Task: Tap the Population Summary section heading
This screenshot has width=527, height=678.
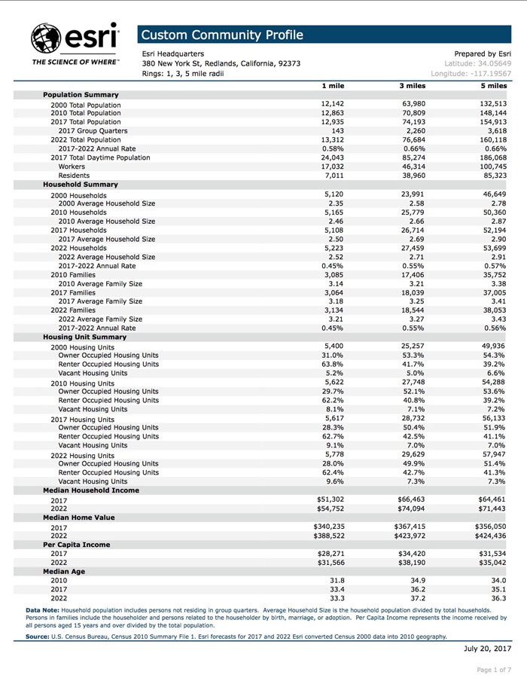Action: point(81,95)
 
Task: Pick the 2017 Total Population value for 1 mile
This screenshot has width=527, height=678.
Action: point(333,121)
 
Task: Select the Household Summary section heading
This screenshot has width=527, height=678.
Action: point(80,184)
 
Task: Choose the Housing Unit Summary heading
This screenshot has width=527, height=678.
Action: point(84,337)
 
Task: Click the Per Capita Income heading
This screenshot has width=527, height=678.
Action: point(77,544)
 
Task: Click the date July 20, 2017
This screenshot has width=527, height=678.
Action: point(487,648)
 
